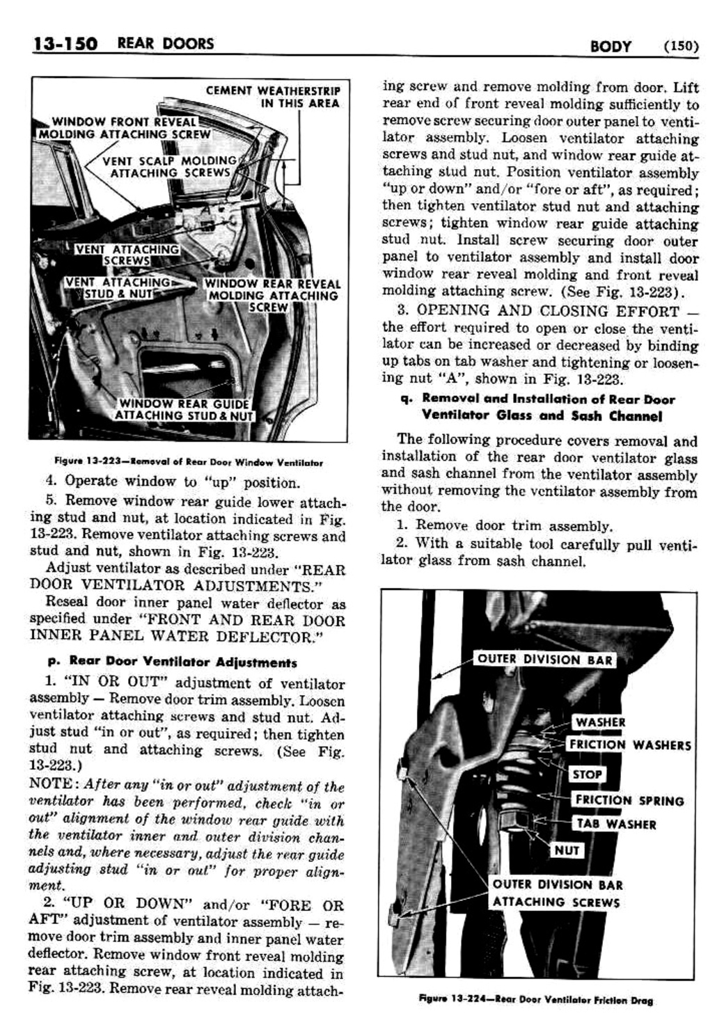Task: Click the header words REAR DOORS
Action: pos(165,44)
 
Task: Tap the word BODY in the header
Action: pos(610,47)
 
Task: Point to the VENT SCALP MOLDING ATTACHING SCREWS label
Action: pos(171,166)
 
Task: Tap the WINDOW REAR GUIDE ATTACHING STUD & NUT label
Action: pos(183,410)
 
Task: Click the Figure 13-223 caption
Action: pos(188,462)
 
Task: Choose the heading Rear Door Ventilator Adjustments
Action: pos(182,662)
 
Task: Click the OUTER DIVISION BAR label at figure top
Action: pos(544,660)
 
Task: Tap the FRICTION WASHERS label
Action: pos(629,745)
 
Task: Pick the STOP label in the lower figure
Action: pos(586,774)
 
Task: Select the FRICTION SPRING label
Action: pos(629,800)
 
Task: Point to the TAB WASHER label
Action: pos(615,824)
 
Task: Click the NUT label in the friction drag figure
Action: pos(567,850)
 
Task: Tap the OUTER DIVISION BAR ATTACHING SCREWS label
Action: pos(557,893)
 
